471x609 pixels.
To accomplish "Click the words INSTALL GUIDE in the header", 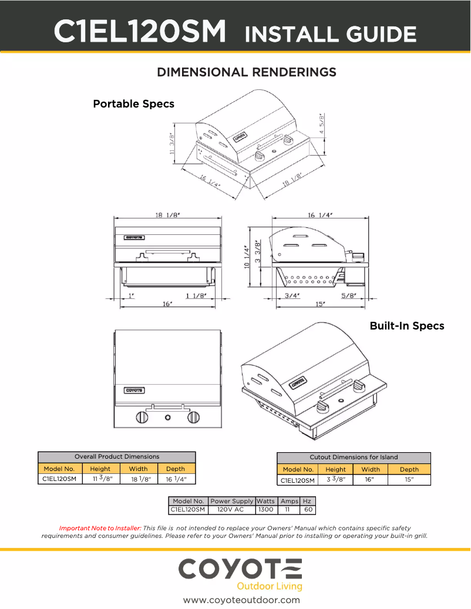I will click(330, 34).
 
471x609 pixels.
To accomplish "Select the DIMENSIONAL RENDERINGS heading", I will click(247, 72).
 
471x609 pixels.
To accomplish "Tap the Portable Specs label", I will click(133, 104).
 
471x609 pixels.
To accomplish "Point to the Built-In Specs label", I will click(406, 325).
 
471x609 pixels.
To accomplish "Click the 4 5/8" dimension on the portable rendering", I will click(321, 125).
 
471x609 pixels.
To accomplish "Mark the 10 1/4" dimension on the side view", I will click(247, 257).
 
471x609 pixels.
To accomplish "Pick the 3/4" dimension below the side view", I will click(292, 295).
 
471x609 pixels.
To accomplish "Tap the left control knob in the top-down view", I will click(142, 418).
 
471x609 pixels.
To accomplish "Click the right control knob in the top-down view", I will click(193, 418).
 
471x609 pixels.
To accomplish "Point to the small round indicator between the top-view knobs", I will click(167, 418).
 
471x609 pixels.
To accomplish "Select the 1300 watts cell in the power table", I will click(266, 509).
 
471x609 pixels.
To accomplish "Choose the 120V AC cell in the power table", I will click(230, 509).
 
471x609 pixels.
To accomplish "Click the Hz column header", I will click(308, 501).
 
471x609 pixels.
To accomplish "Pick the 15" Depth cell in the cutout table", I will click(409, 480).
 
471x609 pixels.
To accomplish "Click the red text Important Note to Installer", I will click(100, 528).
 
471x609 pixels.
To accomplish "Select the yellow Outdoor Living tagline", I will click(269, 586).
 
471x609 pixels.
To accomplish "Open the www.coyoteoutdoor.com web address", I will click(241, 600).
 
